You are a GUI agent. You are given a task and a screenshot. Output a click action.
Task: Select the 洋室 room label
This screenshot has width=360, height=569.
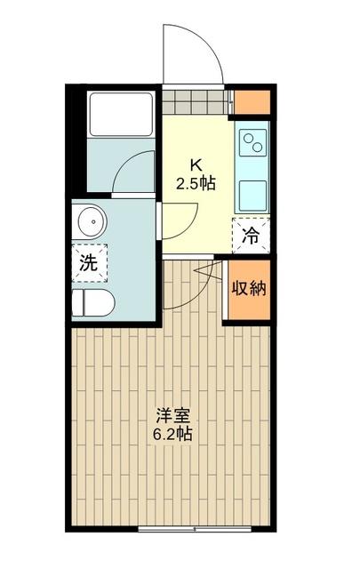click(173, 415)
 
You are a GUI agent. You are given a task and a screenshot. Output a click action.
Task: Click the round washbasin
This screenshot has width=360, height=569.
click(89, 220)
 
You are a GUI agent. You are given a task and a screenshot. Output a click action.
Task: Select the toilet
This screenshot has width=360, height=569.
click(92, 302)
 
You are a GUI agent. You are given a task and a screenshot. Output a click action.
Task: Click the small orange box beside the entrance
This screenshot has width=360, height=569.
click(249, 100)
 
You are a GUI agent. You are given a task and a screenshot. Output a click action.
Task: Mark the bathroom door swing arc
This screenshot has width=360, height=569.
click(133, 173)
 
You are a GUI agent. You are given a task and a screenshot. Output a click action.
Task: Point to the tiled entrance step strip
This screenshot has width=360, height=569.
click(196, 97)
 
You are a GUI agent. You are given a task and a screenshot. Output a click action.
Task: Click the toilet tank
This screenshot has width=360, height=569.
click(77, 303)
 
